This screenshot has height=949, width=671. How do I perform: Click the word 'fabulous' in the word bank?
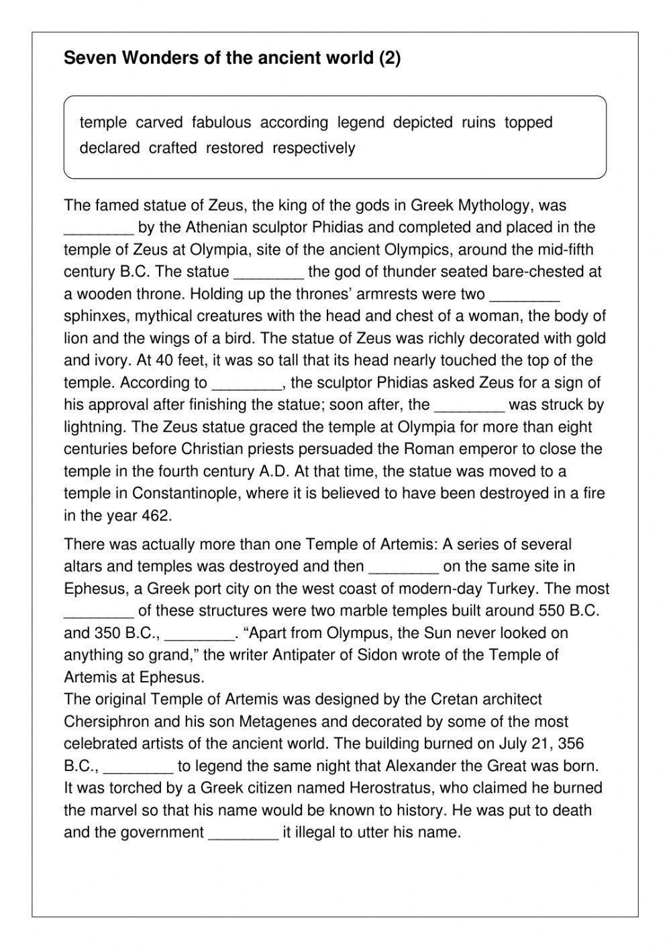pos(221,123)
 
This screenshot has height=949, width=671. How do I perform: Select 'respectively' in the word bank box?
pos(313,148)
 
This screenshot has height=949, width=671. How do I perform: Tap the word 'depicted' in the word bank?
pos(423,123)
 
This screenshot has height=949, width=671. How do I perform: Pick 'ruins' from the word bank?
pos(478,123)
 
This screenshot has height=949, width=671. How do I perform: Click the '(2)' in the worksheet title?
pos(389,58)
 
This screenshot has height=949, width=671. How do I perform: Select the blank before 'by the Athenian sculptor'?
pos(99,228)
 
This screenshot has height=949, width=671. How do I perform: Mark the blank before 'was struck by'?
pos(469,406)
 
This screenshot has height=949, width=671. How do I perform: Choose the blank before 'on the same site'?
pos(404,567)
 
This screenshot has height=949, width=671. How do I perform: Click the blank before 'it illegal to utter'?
pos(244,833)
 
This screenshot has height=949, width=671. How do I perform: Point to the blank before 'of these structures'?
pos(99,611)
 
